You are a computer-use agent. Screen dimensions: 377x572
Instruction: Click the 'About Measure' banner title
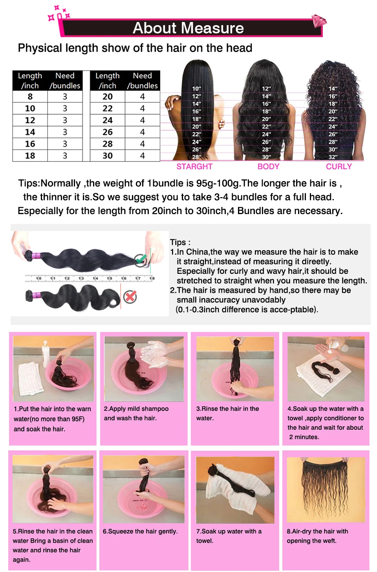tap(188, 28)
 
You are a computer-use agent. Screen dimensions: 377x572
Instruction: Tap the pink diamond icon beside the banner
tap(319, 21)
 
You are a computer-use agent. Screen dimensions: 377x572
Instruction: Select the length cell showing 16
tap(30, 144)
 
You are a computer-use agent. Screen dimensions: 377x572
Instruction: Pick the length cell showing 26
tap(108, 132)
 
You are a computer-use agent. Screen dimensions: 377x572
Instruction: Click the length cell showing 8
tap(30, 97)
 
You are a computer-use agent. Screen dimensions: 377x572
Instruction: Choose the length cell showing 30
tap(108, 156)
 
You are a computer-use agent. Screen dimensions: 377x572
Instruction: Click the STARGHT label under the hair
tap(194, 167)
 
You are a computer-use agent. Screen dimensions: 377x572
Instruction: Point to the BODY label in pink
tap(268, 167)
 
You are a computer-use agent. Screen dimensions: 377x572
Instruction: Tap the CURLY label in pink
tap(339, 167)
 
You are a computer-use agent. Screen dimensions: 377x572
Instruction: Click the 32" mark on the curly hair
tap(333, 157)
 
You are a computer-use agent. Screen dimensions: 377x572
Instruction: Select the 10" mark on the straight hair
tap(196, 89)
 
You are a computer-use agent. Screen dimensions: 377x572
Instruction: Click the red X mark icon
tap(130, 297)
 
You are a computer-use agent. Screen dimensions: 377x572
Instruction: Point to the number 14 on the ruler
tap(95, 278)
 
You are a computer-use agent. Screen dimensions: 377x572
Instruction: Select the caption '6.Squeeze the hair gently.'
tap(140, 532)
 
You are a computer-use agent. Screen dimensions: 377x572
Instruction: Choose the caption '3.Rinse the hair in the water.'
tap(227, 413)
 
